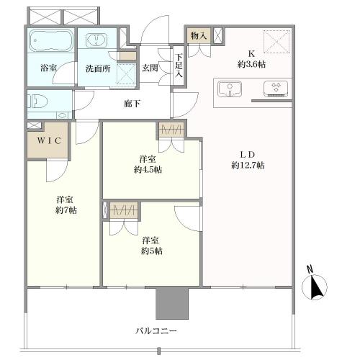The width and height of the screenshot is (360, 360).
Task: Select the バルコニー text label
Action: pos(156,331)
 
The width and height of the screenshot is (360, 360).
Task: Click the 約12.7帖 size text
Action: pos(248,166)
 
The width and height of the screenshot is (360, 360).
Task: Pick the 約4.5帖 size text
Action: pos(148,170)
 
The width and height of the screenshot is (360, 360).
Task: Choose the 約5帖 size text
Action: pos(151,251)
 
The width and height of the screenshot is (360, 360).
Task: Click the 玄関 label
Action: pos(150,68)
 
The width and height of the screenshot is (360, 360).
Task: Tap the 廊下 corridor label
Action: pos(132,104)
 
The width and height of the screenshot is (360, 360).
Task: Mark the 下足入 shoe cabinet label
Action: pos(179,65)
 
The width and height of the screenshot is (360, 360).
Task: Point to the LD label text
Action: pos(248,153)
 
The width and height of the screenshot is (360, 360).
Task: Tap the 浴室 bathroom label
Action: pos(50,68)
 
